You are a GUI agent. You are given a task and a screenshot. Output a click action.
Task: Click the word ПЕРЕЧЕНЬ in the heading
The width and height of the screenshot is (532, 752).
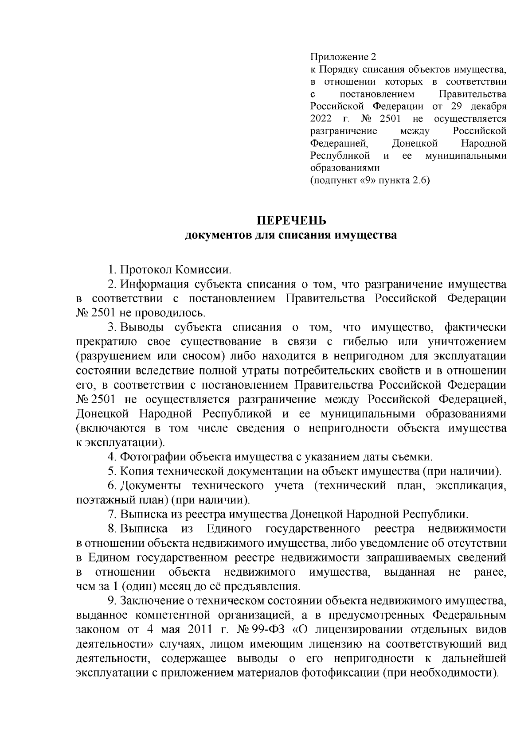point(292,220)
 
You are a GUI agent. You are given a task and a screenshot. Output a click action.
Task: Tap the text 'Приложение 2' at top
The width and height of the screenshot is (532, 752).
point(343,57)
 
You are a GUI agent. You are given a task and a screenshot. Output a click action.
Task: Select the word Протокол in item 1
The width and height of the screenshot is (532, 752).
point(146,270)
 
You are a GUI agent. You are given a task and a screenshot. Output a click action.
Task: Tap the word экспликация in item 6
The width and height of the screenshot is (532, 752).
point(471,486)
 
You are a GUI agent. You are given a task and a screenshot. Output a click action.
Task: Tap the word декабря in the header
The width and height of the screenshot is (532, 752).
point(489,106)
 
